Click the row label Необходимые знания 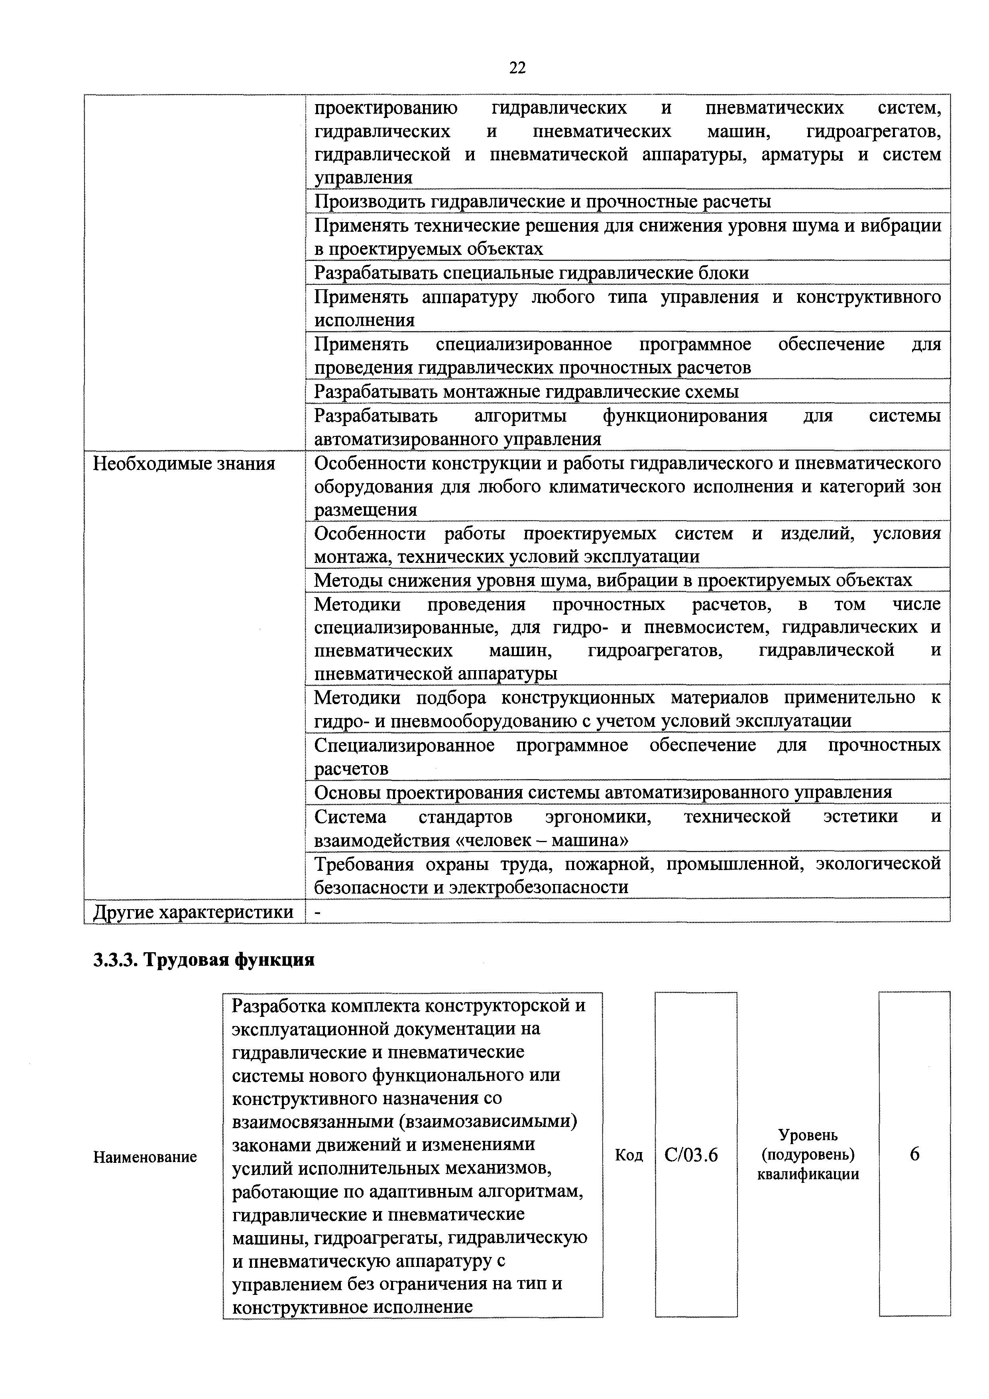(x=183, y=464)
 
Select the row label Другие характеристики (x=193, y=912)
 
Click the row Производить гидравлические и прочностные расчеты (x=542, y=201)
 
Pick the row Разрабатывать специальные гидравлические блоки (x=531, y=273)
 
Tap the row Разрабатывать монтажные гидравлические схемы (x=526, y=391)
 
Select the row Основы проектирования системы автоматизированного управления (x=603, y=792)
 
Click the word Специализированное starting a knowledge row (x=404, y=745)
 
